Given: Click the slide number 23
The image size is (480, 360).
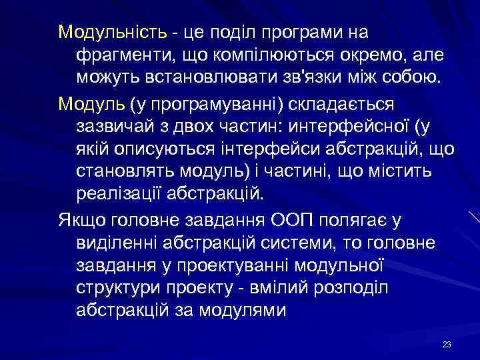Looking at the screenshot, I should tap(447, 344).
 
